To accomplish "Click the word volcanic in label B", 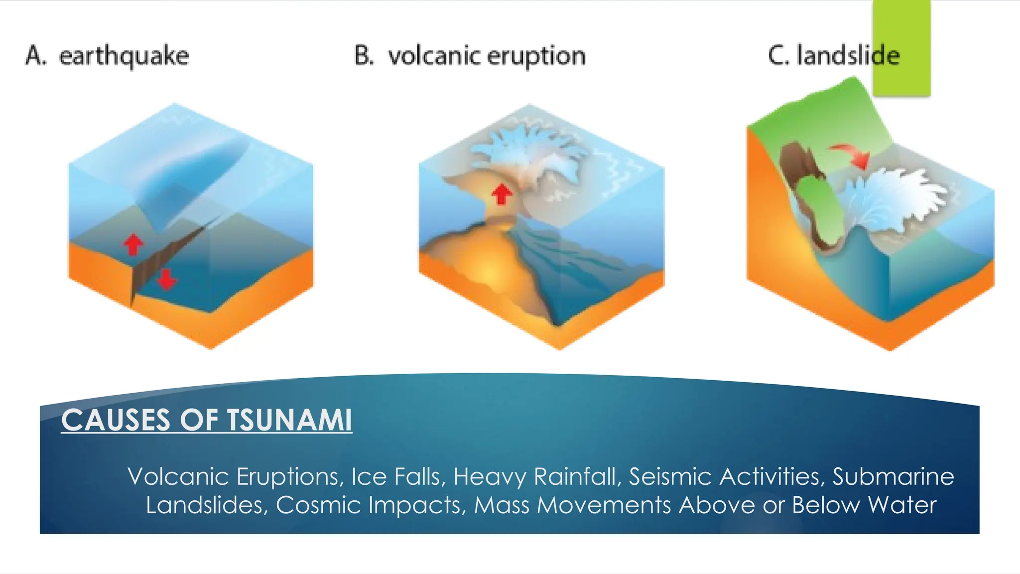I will (x=433, y=56).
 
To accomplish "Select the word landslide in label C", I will (x=848, y=55).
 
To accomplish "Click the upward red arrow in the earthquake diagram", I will (x=133, y=245).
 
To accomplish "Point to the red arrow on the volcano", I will (x=502, y=194).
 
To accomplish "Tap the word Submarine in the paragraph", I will (x=893, y=476).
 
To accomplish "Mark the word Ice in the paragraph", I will (x=369, y=476).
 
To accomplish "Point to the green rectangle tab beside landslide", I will (x=901, y=47).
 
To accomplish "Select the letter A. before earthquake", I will (x=36, y=55).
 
